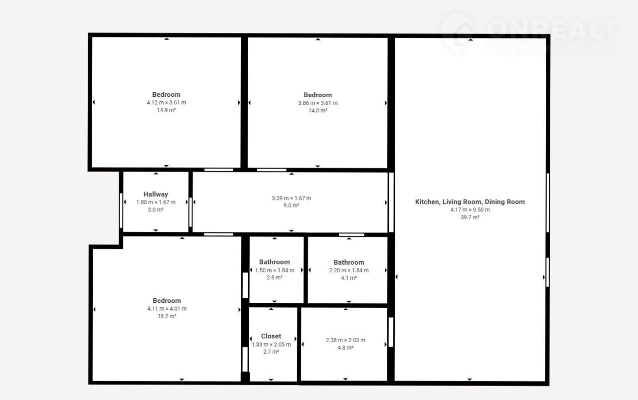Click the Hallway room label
156,195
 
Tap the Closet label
271,336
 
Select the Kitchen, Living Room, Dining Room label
470,202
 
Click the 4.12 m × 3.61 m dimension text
166,103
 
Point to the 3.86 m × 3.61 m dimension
318,103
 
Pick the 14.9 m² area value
166,110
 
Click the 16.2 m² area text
167,316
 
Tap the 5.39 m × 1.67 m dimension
292,198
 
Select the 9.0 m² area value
291,205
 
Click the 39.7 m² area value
470,217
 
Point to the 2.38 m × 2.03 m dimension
345,340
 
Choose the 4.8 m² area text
345,348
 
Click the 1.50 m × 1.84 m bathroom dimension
275,270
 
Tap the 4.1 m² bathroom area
349,278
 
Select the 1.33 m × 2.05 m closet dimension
271,345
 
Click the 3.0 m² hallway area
156,209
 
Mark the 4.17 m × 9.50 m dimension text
470,209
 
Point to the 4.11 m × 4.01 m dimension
167,309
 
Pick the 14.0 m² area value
318,110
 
